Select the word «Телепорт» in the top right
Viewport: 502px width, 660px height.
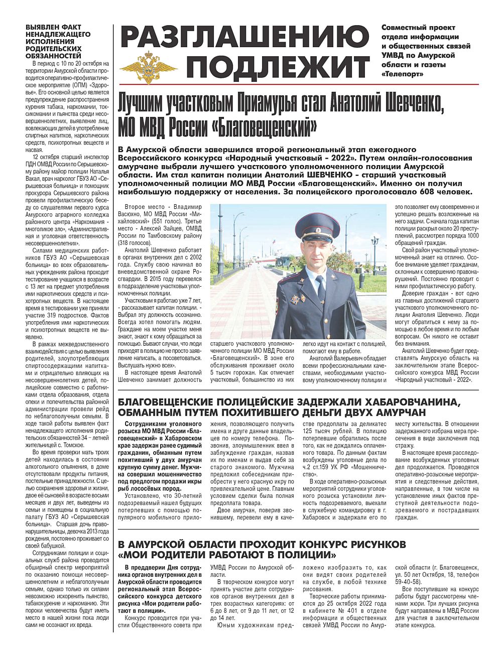(402, 74)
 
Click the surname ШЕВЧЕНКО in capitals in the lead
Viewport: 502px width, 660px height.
(329, 175)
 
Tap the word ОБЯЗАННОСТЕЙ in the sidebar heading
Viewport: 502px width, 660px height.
(53, 56)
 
